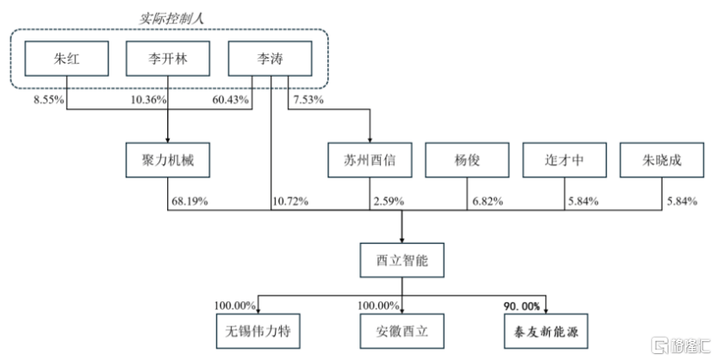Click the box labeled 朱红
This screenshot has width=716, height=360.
coord(66,59)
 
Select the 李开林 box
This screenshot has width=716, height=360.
coord(168,59)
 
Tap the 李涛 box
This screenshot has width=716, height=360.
coord(270,59)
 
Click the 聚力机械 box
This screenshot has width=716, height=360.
coord(168,159)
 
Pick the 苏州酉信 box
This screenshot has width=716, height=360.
coord(370,159)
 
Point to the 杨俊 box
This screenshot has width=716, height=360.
coord(467,159)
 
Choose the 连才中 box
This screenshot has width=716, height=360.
coord(564,159)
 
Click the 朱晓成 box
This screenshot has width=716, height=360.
coord(662,159)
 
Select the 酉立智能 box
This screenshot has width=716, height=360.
coord(402,260)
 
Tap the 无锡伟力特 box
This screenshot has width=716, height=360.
coord(258,331)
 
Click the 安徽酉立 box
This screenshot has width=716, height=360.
coord(402,331)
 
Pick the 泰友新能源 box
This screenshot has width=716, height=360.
coord(546,331)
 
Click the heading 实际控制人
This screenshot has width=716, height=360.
coord(171,18)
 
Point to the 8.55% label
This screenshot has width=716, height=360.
coord(49,99)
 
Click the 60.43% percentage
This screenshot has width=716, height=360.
coord(231,99)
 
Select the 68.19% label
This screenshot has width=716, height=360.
coord(190,201)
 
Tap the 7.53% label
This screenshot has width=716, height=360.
coord(308,99)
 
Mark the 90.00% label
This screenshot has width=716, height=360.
coord(522,306)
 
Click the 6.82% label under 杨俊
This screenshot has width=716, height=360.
coord(488,201)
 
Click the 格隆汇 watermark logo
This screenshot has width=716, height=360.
coord(681,345)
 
